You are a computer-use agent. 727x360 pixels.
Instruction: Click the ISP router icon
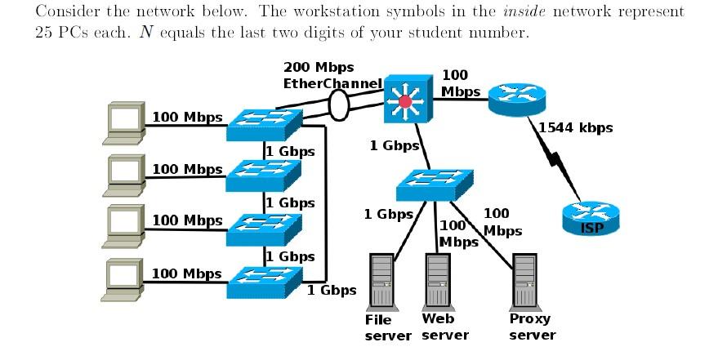591,218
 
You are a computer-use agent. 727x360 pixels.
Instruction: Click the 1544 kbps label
576,127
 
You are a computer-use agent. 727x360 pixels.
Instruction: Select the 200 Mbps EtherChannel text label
331,74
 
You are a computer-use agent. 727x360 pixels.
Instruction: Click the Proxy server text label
531,327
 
